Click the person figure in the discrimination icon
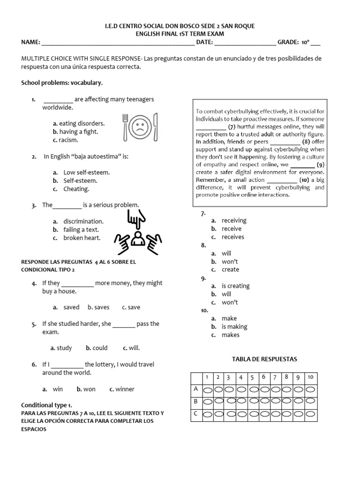tap(137, 239)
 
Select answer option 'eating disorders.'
tap(79, 124)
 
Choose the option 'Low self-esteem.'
tap(86, 172)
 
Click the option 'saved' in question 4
tap(71, 307)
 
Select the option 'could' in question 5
tap(100, 348)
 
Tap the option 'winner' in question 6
tap(125, 389)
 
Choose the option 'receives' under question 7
tap(232, 237)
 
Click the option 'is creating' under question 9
tap(235, 286)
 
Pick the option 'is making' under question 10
tap(234, 327)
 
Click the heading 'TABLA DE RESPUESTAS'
tap(264, 359)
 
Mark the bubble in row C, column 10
tap(311, 414)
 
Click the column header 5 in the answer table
tap(252, 377)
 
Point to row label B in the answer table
tap(195, 402)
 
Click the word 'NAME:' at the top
tap(31, 42)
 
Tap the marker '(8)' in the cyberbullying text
tap(306, 142)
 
